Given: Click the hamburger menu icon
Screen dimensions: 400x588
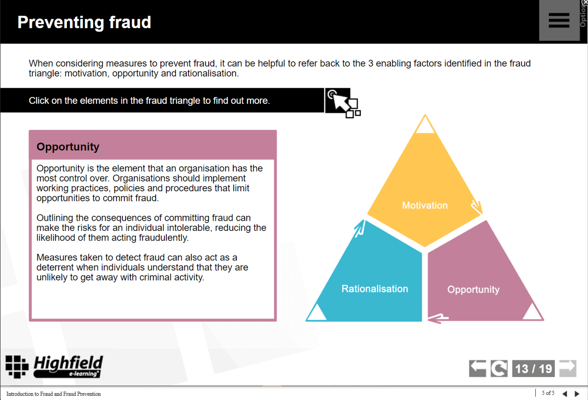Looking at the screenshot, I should [558, 20].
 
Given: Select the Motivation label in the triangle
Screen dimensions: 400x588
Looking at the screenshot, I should [424, 206].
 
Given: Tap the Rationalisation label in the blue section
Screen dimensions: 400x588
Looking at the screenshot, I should [375, 289].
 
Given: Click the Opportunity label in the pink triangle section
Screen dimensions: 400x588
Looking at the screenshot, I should [473, 290].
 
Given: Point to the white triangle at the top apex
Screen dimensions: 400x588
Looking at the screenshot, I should [425, 126].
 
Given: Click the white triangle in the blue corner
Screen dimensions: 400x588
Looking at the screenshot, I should [316, 313].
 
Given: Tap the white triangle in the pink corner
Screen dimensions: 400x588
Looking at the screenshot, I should [533, 313].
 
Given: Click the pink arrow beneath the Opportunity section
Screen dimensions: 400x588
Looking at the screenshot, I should [438, 318].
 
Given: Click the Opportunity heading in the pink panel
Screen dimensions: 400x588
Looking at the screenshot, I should [68, 147].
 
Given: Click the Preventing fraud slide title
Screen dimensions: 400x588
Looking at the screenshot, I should [84, 22].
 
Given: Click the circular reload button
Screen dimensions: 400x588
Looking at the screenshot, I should [499, 369].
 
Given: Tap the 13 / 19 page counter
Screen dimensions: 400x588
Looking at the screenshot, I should [533, 369].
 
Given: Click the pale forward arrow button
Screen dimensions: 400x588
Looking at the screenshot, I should [568, 368].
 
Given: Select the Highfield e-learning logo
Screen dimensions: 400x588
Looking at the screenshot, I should [54, 367].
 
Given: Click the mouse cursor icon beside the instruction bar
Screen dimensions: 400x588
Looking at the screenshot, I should [342, 102].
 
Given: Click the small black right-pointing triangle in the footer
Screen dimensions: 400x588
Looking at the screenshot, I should [576, 394].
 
